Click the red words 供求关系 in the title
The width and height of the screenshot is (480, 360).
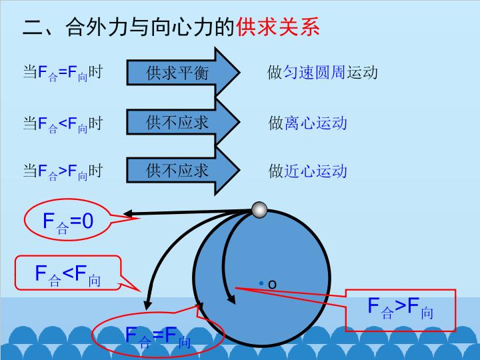[278, 27]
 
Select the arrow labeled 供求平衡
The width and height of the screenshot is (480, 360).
[183, 73]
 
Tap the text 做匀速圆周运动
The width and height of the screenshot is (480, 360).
[323, 73]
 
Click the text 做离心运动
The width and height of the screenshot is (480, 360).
[307, 123]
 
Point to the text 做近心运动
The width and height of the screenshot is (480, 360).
[307, 171]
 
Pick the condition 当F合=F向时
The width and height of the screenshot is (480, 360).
[63, 73]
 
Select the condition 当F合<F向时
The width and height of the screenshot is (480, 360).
[63, 124]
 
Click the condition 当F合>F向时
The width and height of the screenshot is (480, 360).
[63, 171]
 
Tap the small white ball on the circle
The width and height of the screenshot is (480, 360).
[259, 210]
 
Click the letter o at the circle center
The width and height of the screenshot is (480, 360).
[272, 285]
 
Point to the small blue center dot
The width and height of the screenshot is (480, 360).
[261, 283]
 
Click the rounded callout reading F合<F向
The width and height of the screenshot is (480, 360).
[68, 273]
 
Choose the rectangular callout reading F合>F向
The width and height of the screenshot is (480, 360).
[401, 310]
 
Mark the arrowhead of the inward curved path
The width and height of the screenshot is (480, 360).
[231, 299]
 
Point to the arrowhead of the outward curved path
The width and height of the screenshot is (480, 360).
[147, 305]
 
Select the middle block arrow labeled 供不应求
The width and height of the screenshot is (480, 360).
[183, 122]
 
